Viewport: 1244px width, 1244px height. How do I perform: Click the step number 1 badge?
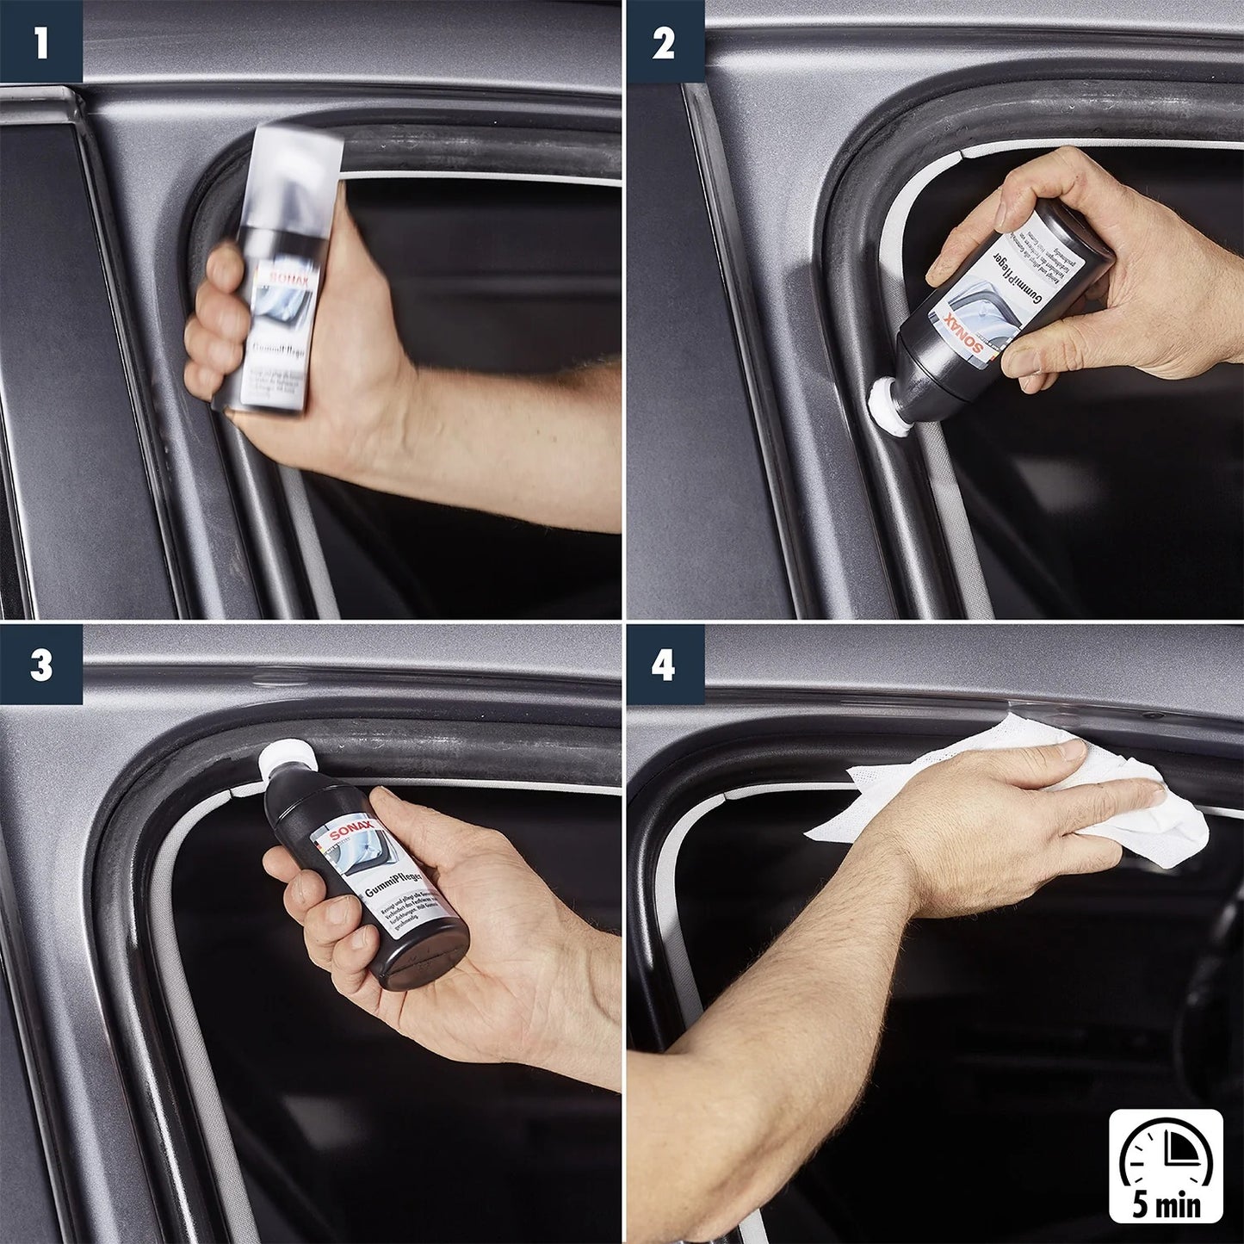tap(40, 41)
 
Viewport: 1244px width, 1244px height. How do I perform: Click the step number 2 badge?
tap(663, 41)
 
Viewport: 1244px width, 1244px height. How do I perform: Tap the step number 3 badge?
tap(40, 665)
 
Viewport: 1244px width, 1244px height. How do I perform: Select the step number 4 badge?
tap(663, 665)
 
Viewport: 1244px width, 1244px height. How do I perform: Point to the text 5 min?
tap(1166, 1204)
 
